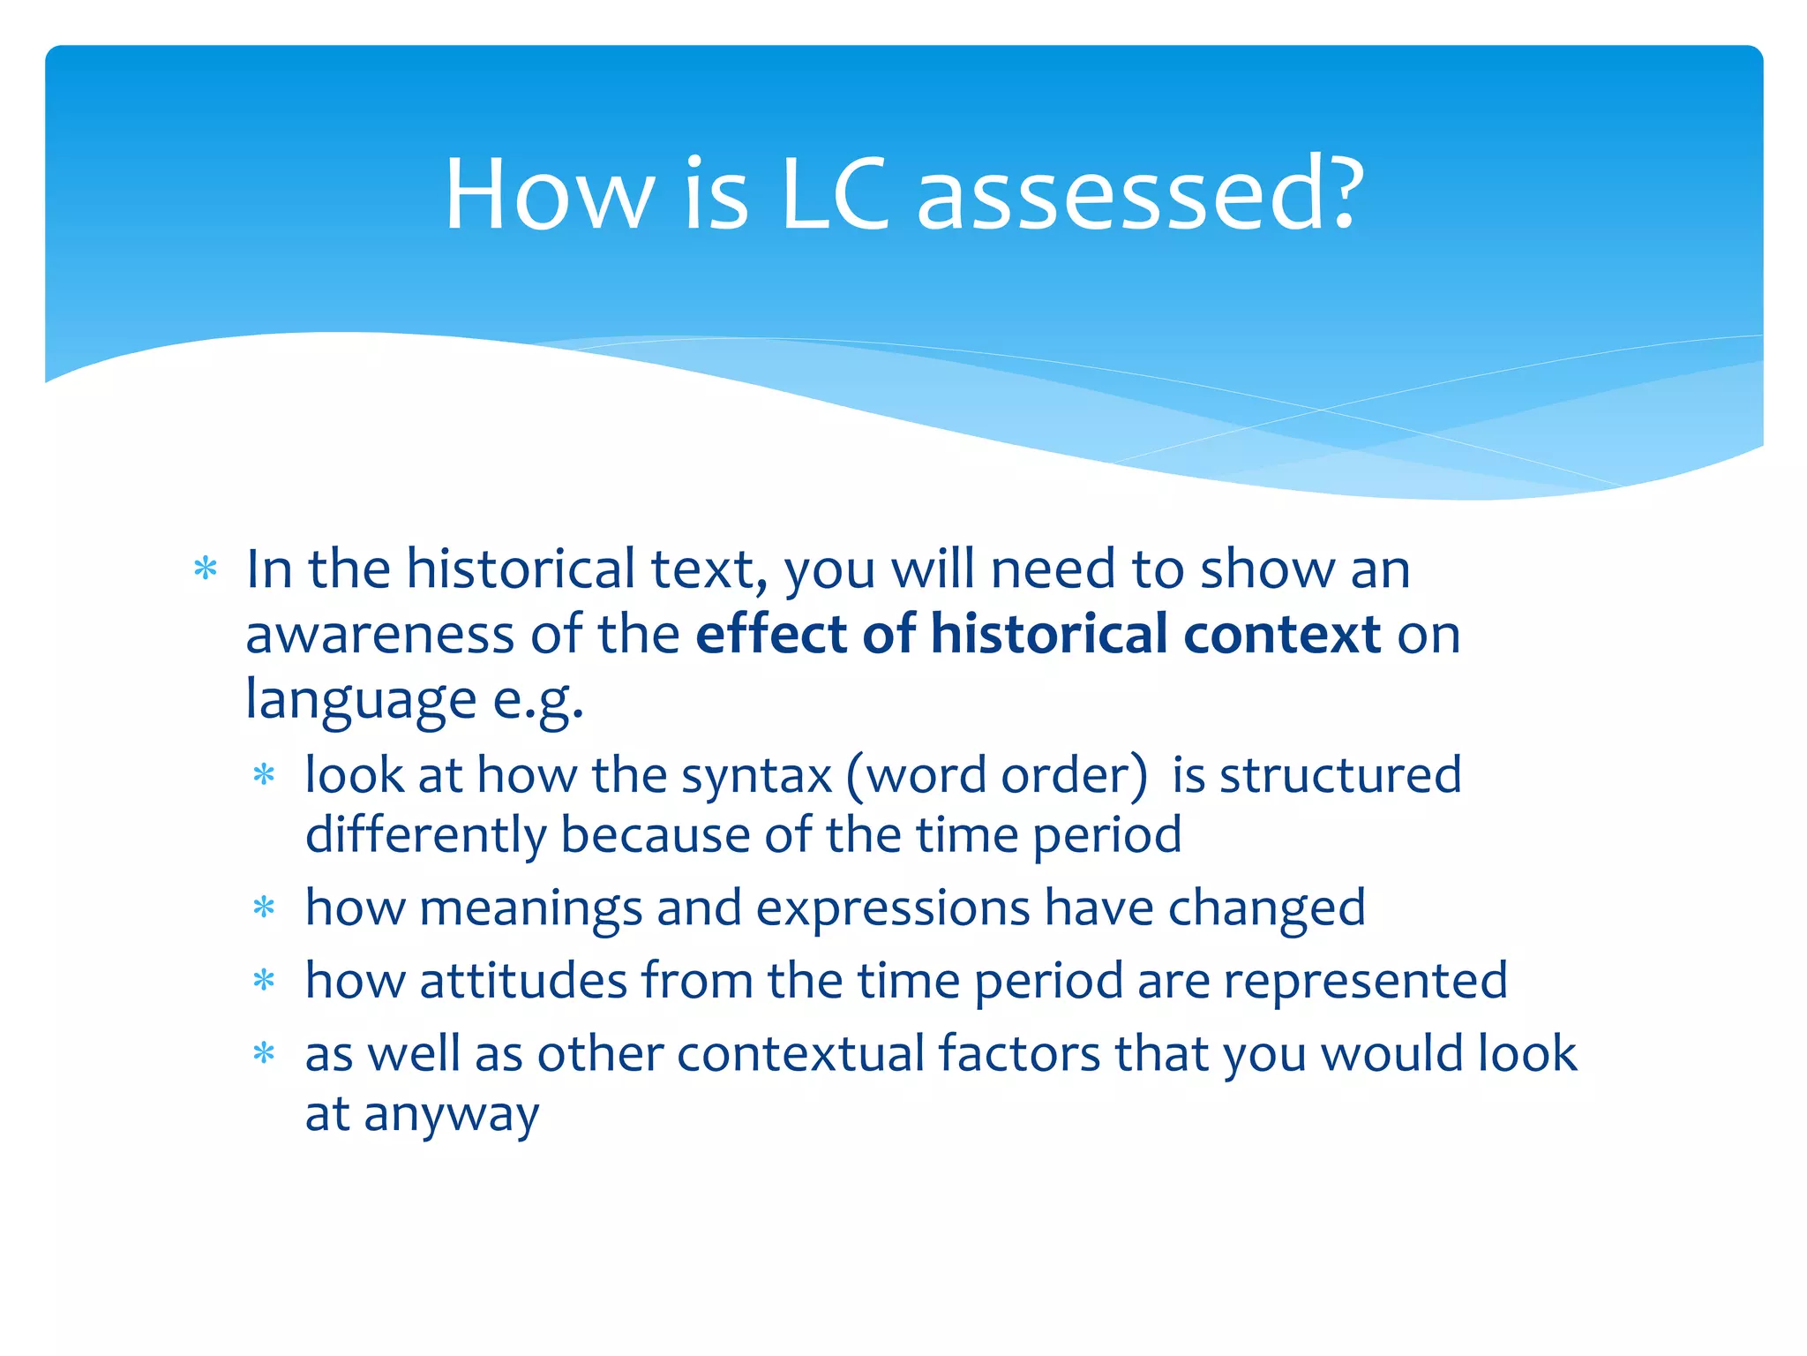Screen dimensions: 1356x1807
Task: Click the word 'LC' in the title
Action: point(834,194)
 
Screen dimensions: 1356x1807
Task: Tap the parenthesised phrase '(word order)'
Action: point(997,775)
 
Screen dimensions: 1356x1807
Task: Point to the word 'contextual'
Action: point(800,1054)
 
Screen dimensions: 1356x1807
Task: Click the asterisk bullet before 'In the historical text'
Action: point(206,569)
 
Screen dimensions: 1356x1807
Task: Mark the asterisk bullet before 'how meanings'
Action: point(264,908)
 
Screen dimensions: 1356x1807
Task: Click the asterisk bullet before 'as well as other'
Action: point(264,1053)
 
